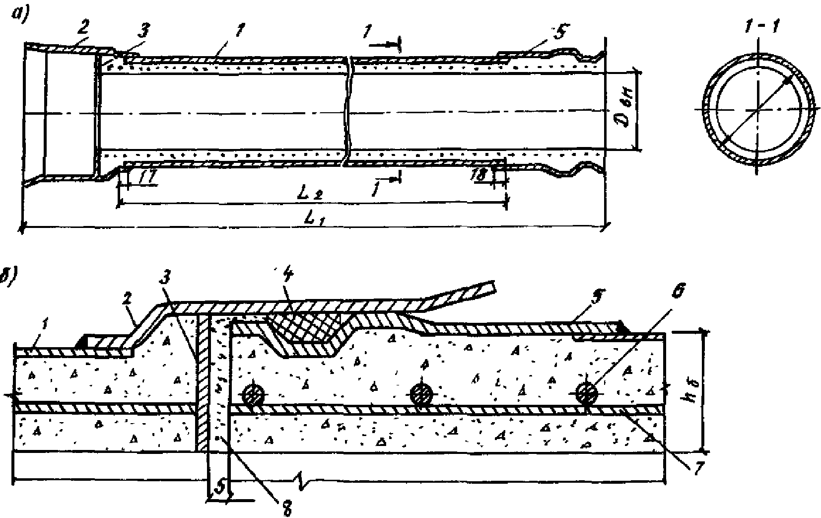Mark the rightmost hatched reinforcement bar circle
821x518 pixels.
[587, 394]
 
